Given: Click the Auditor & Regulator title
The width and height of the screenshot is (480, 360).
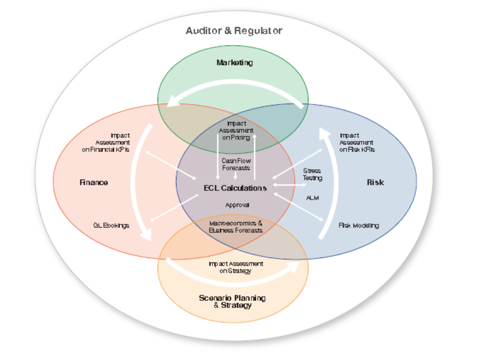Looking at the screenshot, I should pos(234,30).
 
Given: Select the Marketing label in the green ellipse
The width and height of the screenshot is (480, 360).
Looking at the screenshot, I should pos(234,62).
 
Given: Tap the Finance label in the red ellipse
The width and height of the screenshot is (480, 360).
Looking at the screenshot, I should pos(93,182).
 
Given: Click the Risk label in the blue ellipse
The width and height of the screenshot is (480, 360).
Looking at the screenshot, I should pos(375,182).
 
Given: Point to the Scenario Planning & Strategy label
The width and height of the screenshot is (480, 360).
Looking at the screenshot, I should pos(232,301).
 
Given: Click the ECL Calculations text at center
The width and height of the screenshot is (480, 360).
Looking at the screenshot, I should pos(235,188).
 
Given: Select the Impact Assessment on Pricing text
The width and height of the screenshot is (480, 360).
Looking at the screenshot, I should pos(236,130).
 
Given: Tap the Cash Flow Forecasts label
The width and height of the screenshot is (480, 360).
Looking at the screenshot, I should pos(236,164).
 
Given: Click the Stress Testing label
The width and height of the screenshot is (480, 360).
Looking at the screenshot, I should pos(312,174).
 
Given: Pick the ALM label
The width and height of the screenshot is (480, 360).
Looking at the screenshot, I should pos(312,197).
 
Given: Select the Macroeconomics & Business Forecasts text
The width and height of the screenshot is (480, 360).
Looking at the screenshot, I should pos(235,226).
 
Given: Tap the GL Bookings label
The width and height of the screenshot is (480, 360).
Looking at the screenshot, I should pos(111,225).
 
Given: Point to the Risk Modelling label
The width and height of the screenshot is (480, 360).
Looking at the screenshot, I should pos(358,225).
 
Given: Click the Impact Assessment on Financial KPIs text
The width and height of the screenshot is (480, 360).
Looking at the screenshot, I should pos(105,142).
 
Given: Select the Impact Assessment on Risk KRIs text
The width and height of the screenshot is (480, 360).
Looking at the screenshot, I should pos(357,142).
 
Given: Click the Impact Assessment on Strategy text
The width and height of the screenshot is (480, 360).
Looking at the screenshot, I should pos(235,267).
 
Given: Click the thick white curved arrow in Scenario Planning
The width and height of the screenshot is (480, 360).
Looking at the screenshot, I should pos(235,278).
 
